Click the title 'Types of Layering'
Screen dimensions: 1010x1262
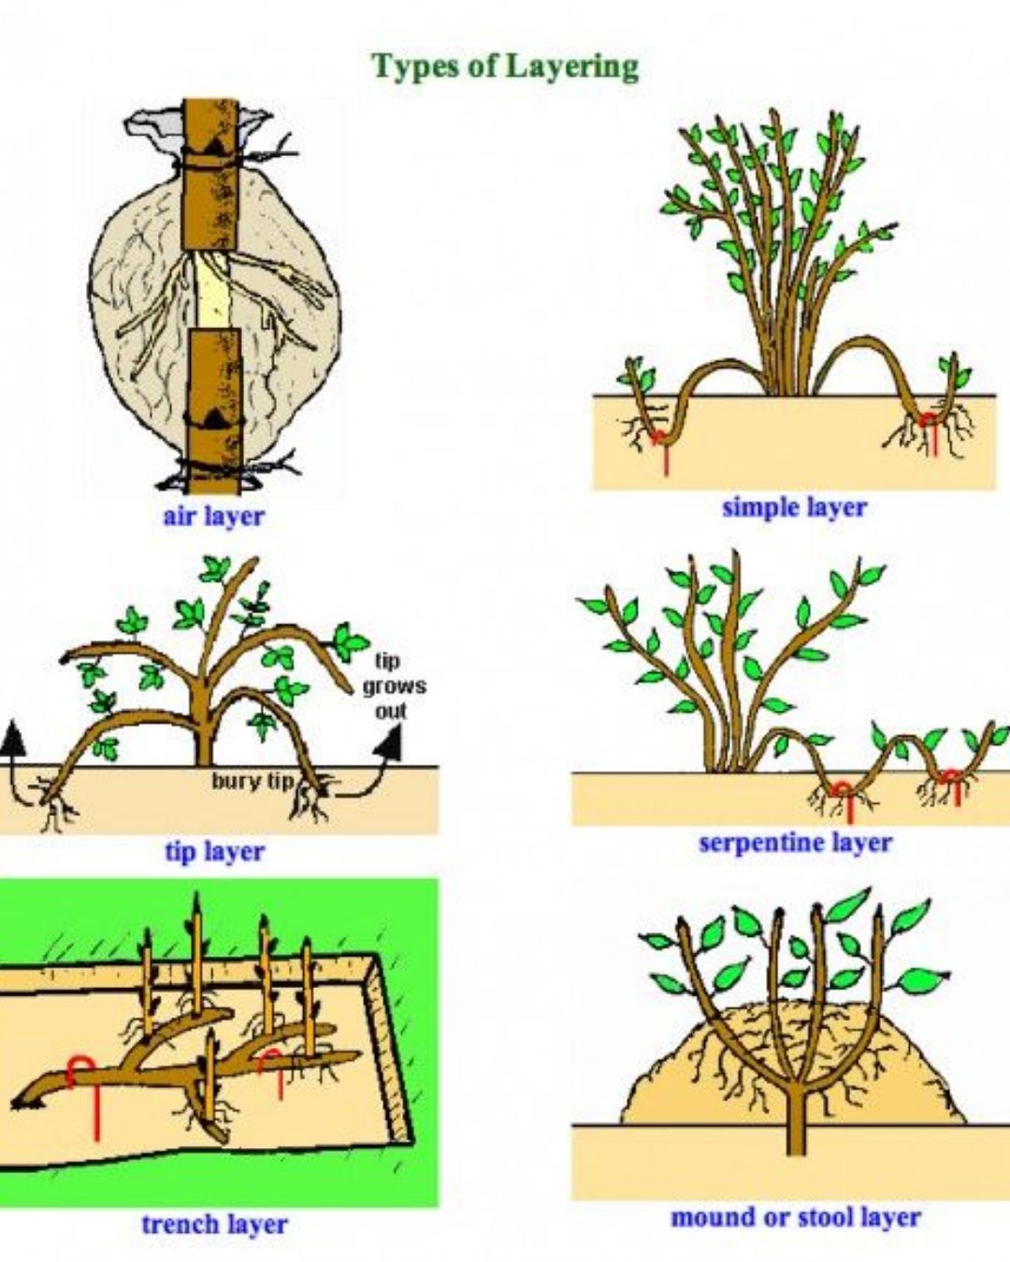[505, 67]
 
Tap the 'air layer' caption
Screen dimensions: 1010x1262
[214, 517]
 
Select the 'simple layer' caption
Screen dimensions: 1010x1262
[795, 508]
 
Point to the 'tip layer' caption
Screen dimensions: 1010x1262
[215, 853]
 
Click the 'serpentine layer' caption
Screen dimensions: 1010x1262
[796, 844]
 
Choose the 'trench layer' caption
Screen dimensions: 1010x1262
[215, 1224]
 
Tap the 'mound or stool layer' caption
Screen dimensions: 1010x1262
[796, 1217]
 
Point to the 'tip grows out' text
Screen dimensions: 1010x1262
[395, 686]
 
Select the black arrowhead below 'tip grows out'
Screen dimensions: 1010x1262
[390, 741]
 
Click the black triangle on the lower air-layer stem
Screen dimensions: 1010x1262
[214, 418]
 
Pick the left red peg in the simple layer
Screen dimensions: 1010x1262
[662, 452]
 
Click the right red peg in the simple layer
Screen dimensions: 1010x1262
[931, 434]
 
